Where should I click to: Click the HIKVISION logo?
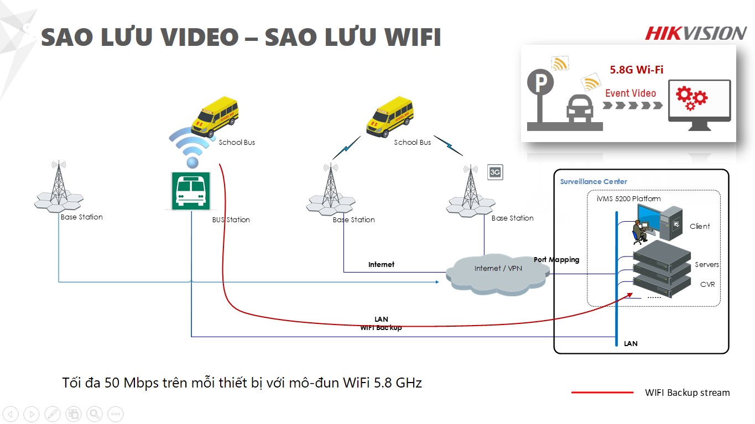tap(695, 34)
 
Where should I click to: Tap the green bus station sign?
tap(191, 191)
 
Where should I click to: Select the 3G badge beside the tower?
tap(495, 172)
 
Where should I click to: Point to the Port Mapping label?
tap(556, 259)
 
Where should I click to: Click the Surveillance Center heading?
tap(593, 181)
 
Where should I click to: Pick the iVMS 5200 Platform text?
tap(629, 198)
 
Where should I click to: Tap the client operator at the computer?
tap(639, 231)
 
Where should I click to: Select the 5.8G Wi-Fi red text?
tap(636, 70)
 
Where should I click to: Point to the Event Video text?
tap(630, 93)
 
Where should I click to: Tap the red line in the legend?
tap(602, 392)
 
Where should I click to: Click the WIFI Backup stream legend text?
tap(687, 392)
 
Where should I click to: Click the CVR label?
tap(707, 284)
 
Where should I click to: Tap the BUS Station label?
tap(231, 219)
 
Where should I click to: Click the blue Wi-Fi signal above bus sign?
tap(191, 146)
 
